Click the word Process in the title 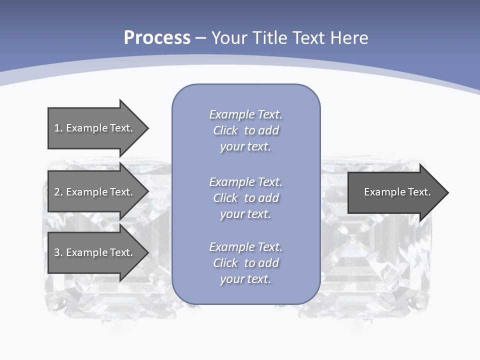tap(157, 38)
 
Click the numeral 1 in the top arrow tap(56, 128)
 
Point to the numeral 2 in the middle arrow tap(57, 192)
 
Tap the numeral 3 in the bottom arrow tap(57, 252)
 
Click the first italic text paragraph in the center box tap(245, 130)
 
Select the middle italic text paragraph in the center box tap(245, 198)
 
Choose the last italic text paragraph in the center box tap(245, 263)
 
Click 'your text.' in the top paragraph tap(245, 147)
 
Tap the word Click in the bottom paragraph tap(225, 263)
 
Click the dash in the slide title tap(200, 38)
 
